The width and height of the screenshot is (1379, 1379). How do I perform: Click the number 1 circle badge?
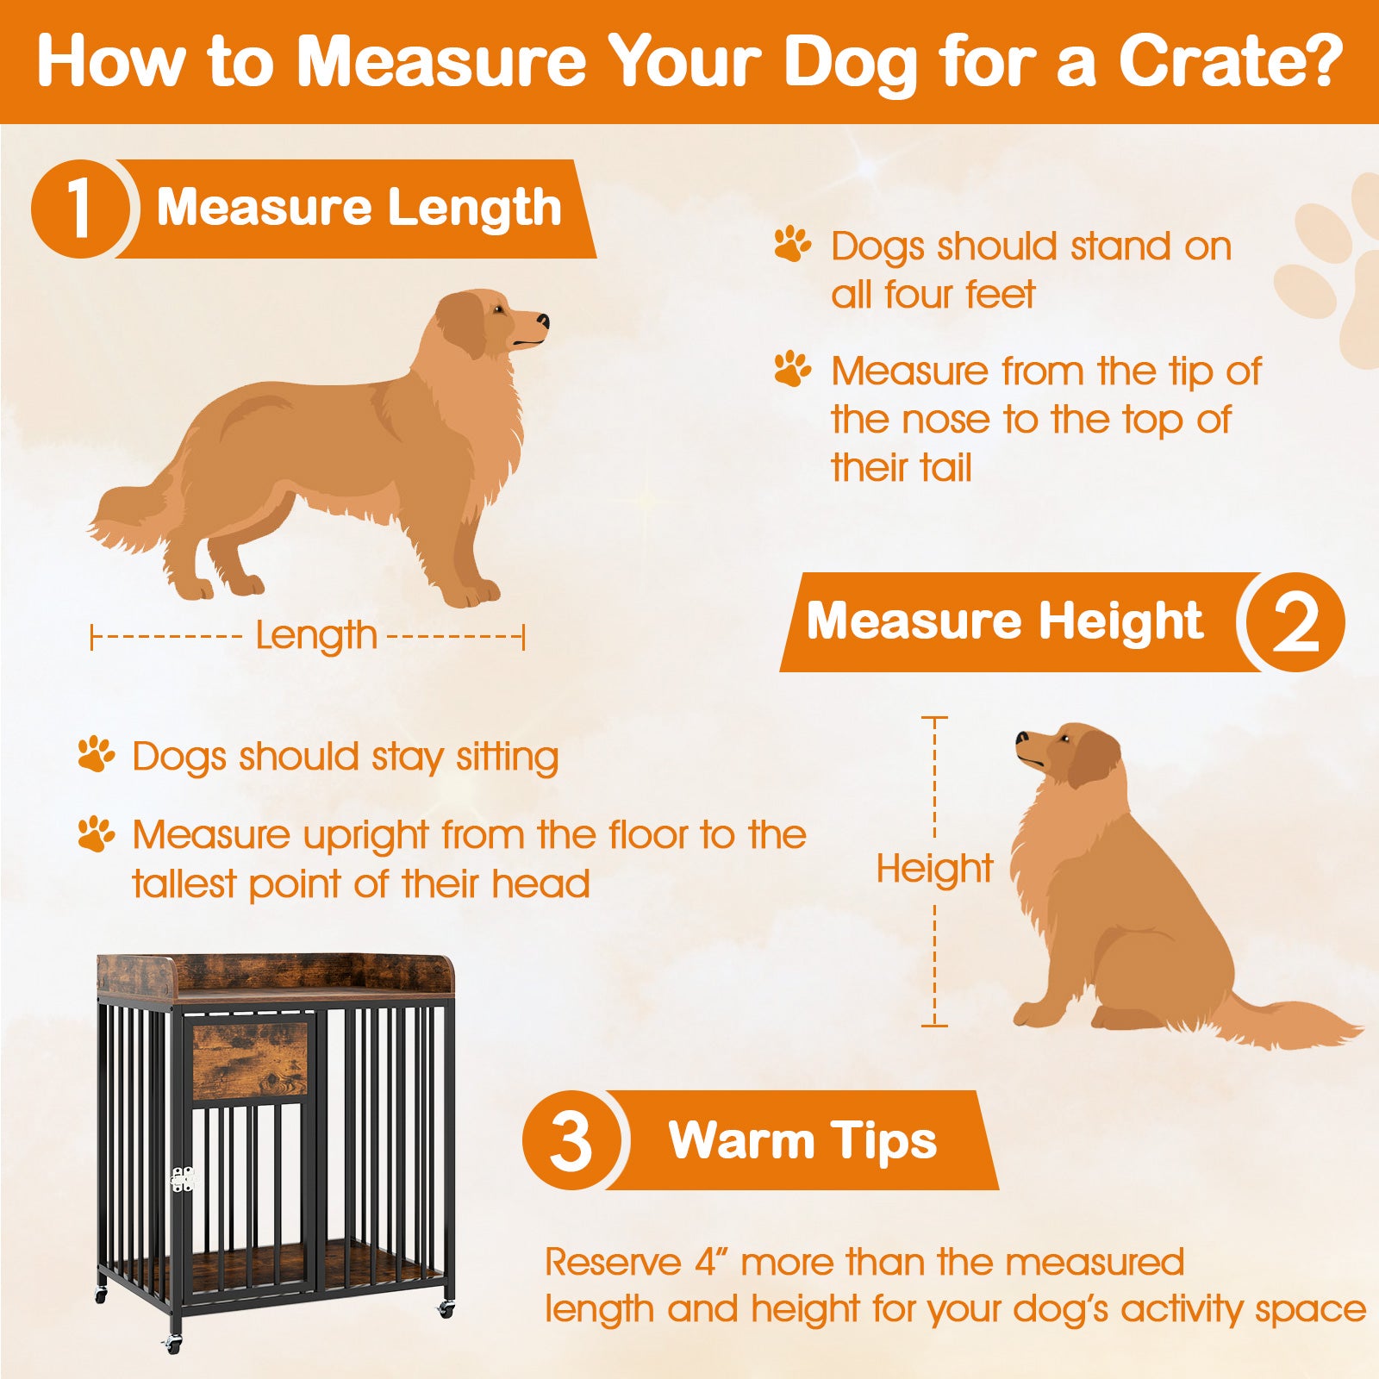click(80, 209)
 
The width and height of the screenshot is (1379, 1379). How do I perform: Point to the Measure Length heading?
click(359, 208)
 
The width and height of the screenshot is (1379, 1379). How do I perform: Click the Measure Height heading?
click(1004, 621)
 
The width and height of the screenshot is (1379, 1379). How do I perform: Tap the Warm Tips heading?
click(802, 1140)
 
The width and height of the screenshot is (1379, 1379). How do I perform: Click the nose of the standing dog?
click(543, 321)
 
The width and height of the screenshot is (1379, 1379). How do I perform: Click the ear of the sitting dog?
click(1093, 757)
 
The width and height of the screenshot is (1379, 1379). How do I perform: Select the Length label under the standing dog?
click(316, 637)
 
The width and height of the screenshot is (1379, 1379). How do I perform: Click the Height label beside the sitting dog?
click(934, 868)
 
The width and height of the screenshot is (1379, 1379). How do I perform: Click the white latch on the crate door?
click(182, 1179)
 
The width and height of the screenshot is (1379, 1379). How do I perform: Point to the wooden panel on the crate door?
click(249, 1060)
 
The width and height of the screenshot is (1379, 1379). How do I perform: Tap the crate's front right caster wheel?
click(446, 1310)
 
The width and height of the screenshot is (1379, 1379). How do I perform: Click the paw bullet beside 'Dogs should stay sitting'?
click(96, 755)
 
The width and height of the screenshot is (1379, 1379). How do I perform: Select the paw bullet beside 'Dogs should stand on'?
click(792, 245)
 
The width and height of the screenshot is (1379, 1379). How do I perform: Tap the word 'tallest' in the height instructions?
click(184, 883)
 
